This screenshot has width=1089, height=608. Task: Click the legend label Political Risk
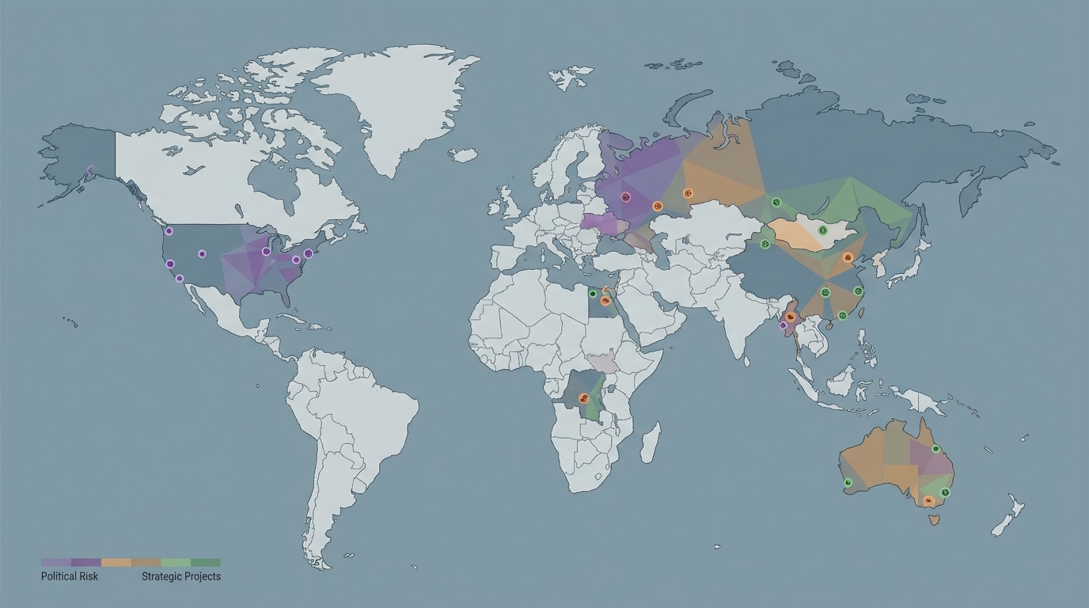(x=70, y=576)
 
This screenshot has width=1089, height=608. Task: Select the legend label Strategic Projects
(x=181, y=576)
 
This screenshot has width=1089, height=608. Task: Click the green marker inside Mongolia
(x=822, y=230)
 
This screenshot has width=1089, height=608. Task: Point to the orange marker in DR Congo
(x=584, y=397)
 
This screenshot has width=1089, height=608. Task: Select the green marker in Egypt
(x=593, y=294)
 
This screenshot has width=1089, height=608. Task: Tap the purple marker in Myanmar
(x=783, y=325)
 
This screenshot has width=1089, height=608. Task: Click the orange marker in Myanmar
(x=790, y=317)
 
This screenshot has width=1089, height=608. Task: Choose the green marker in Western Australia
(x=848, y=482)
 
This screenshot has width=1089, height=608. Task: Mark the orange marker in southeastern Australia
(x=928, y=500)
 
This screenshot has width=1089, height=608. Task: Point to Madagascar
(x=650, y=443)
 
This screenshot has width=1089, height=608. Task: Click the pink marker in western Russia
(x=626, y=196)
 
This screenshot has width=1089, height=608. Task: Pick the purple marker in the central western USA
(x=202, y=253)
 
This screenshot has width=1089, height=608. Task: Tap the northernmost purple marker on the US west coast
(x=169, y=231)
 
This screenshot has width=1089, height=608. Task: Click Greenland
(x=388, y=103)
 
